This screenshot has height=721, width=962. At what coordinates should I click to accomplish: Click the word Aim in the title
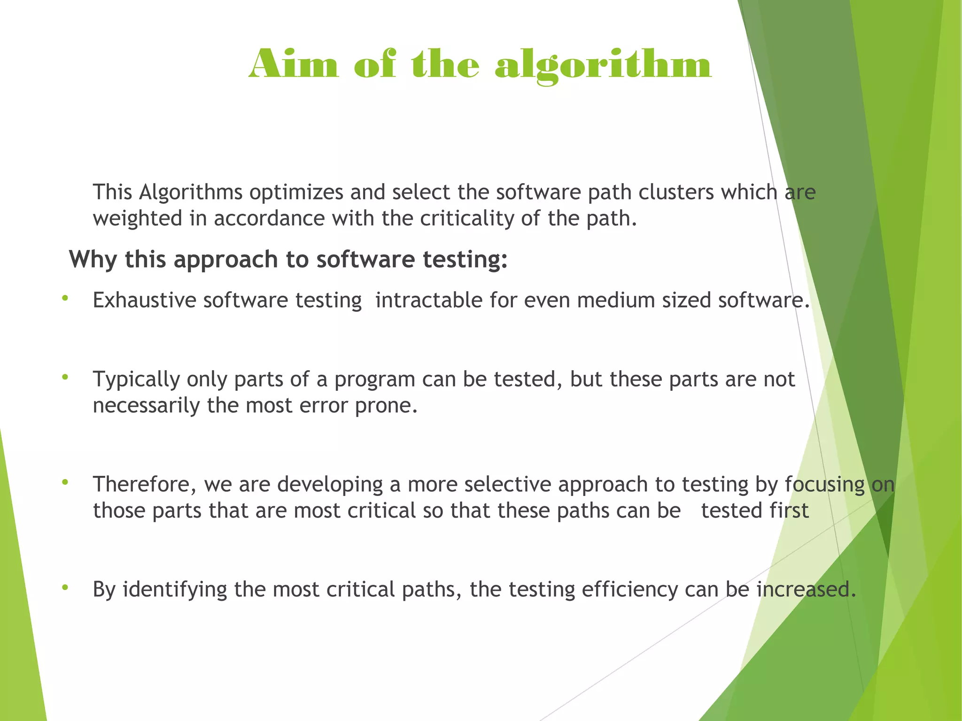click(x=294, y=64)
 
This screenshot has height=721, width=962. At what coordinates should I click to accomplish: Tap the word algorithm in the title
click(x=603, y=66)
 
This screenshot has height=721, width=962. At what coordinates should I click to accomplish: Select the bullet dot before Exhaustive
click(x=65, y=298)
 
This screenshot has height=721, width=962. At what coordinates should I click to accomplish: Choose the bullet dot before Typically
click(x=65, y=377)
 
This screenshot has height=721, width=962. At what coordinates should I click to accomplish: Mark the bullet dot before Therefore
click(x=65, y=482)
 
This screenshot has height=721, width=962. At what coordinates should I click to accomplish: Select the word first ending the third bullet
click(x=789, y=510)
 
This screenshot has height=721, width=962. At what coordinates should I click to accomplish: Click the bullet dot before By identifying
click(x=65, y=587)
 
